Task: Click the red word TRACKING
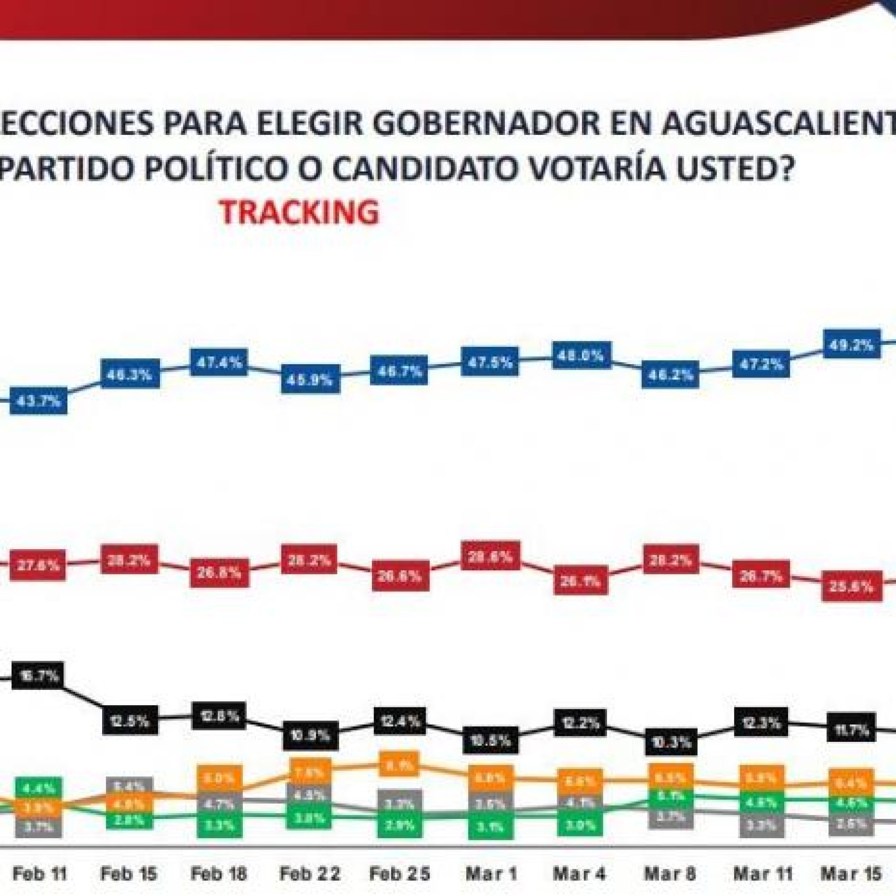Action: (x=299, y=212)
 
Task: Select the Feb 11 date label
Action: (x=39, y=874)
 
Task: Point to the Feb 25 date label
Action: (x=399, y=874)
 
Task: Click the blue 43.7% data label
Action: (x=39, y=401)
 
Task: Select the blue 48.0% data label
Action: (x=582, y=356)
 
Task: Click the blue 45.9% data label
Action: (x=310, y=380)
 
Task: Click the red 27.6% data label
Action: (x=38, y=565)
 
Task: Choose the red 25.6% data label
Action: (x=852, y=587)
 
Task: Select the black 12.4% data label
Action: (x=399, y=721)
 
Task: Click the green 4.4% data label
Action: (x=39, y=788)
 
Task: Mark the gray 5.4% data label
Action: (x=129, y=787)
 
